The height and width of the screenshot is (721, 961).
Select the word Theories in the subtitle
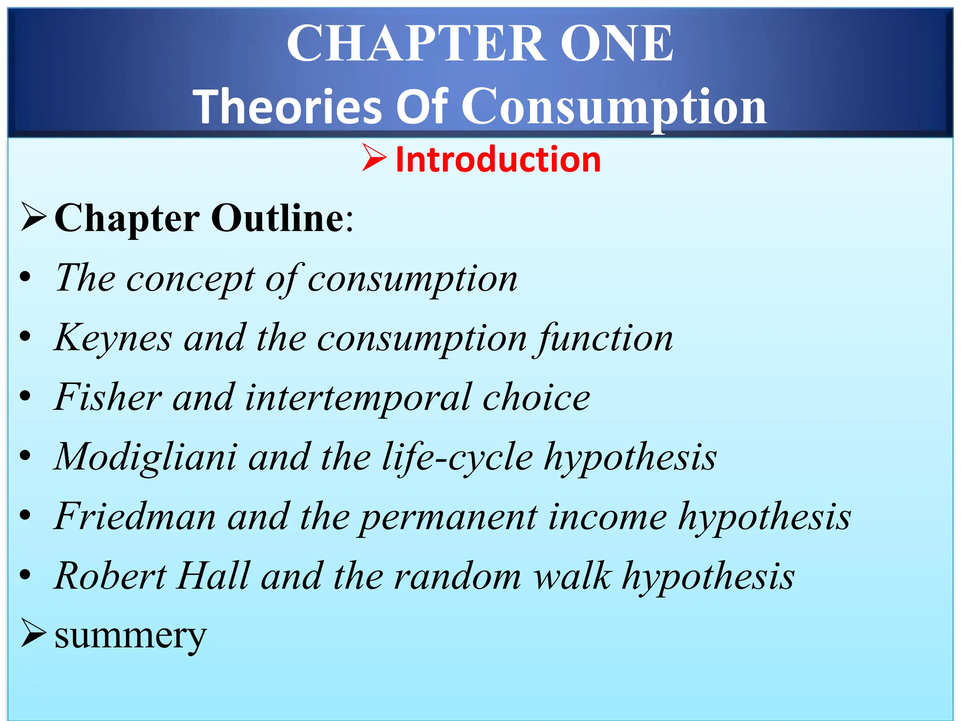[288, 107]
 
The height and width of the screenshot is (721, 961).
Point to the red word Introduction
[498, 160]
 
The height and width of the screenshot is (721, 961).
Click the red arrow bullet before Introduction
[374, 158]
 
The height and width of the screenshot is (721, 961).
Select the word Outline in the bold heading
[278, 218]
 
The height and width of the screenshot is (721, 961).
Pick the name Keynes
[113, 338]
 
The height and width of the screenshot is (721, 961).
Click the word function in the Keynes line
[605, 338]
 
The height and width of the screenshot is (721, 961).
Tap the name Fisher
[108, 398]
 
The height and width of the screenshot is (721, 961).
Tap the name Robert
[111, 576]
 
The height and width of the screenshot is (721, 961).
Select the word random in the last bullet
[458, 576]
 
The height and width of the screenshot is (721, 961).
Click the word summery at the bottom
[130, 636]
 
